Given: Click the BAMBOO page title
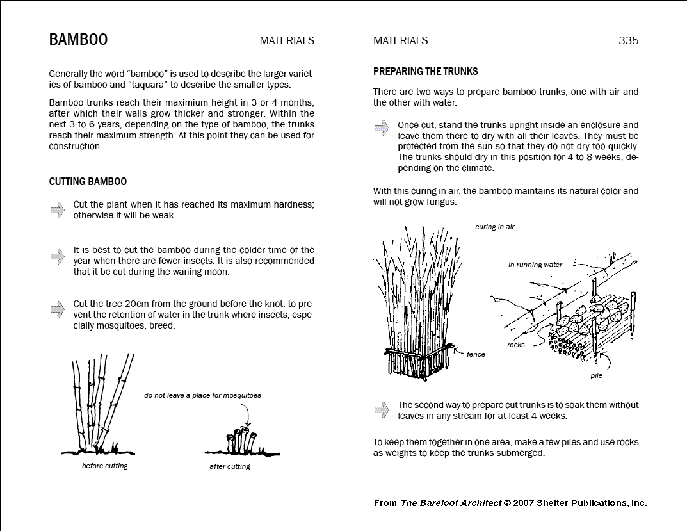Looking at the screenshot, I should (x=78, y=40).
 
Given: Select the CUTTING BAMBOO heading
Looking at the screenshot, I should (x=88, y=182).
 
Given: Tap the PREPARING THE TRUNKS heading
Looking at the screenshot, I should (x=425, y=72).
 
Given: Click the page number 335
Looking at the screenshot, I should (x=628, y=40).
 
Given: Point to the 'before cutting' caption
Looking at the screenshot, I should (x=104, y=466).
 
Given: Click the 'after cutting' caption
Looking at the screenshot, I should (x=229, y=466).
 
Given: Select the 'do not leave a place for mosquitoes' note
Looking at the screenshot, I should (x=202, y=395).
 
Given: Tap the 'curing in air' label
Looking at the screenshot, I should (x=494, y=227).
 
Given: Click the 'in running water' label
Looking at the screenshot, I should (x=535, y=265).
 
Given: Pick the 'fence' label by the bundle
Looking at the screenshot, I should (x=476, y=354).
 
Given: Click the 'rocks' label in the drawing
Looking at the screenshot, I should (x=515, y=345).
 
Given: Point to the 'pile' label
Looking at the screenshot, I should (x=596, y=376).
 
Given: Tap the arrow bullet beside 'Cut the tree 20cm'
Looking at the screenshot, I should (x=58, y=309).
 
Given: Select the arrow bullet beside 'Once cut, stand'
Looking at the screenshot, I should (x=382, y=127).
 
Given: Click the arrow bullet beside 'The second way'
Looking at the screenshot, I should (x=382, y=409).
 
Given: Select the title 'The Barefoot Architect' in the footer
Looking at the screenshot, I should (x=451, y=503).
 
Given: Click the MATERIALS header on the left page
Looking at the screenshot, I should (x=287, y=40).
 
